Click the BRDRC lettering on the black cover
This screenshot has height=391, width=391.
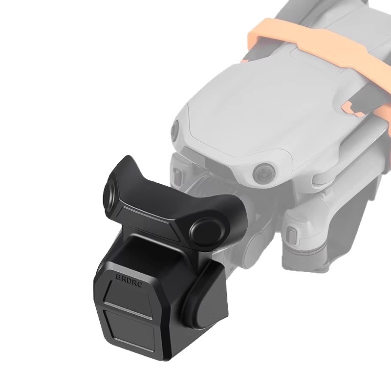click(x=129, y=280)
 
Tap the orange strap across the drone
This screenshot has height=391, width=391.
click(x=319, y=45)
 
